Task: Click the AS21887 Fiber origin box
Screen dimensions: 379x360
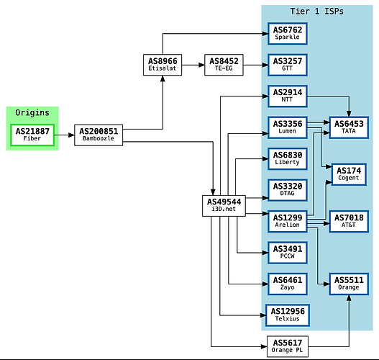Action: (x=32, y=135)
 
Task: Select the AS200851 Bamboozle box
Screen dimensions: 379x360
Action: (x=99, y=135)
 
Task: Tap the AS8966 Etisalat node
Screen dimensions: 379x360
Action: (x=163, y=65)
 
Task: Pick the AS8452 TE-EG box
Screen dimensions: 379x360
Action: (x=224, y=65)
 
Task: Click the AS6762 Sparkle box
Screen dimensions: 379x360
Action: (x=288, y=34)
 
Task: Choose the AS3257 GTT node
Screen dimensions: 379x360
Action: (x=288, y=65)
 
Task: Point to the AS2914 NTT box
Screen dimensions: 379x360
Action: (x=288, y=96)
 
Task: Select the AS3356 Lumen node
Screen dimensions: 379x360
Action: (x=288, y=127)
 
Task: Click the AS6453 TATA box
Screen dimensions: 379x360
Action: (x=349, y=127)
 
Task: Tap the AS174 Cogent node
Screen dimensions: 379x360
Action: (x=349, y=174)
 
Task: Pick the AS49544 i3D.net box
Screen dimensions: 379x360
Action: (x=224, y=206)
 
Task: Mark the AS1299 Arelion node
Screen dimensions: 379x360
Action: (x=288, y=221)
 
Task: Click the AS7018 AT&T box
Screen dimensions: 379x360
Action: (x=349, y=221)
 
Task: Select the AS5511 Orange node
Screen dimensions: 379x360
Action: (x=349, y=284)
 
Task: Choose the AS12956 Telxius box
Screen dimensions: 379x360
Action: (x=288, y=315)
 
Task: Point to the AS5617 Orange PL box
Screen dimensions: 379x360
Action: (x=288, y=346)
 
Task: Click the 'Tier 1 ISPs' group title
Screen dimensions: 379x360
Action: (x=316, y=12)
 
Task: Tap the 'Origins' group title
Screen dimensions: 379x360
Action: (x=32, y=113)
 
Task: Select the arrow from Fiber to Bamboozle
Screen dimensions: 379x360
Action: (x=64, y=135)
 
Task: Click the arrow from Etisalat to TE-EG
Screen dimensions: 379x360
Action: (x=193, y=65)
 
